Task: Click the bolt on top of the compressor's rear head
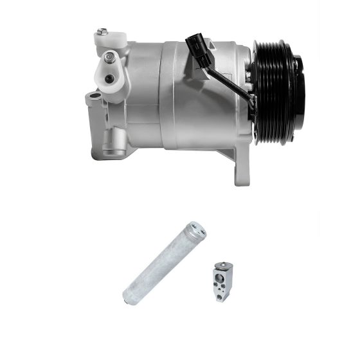coord(102,32)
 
